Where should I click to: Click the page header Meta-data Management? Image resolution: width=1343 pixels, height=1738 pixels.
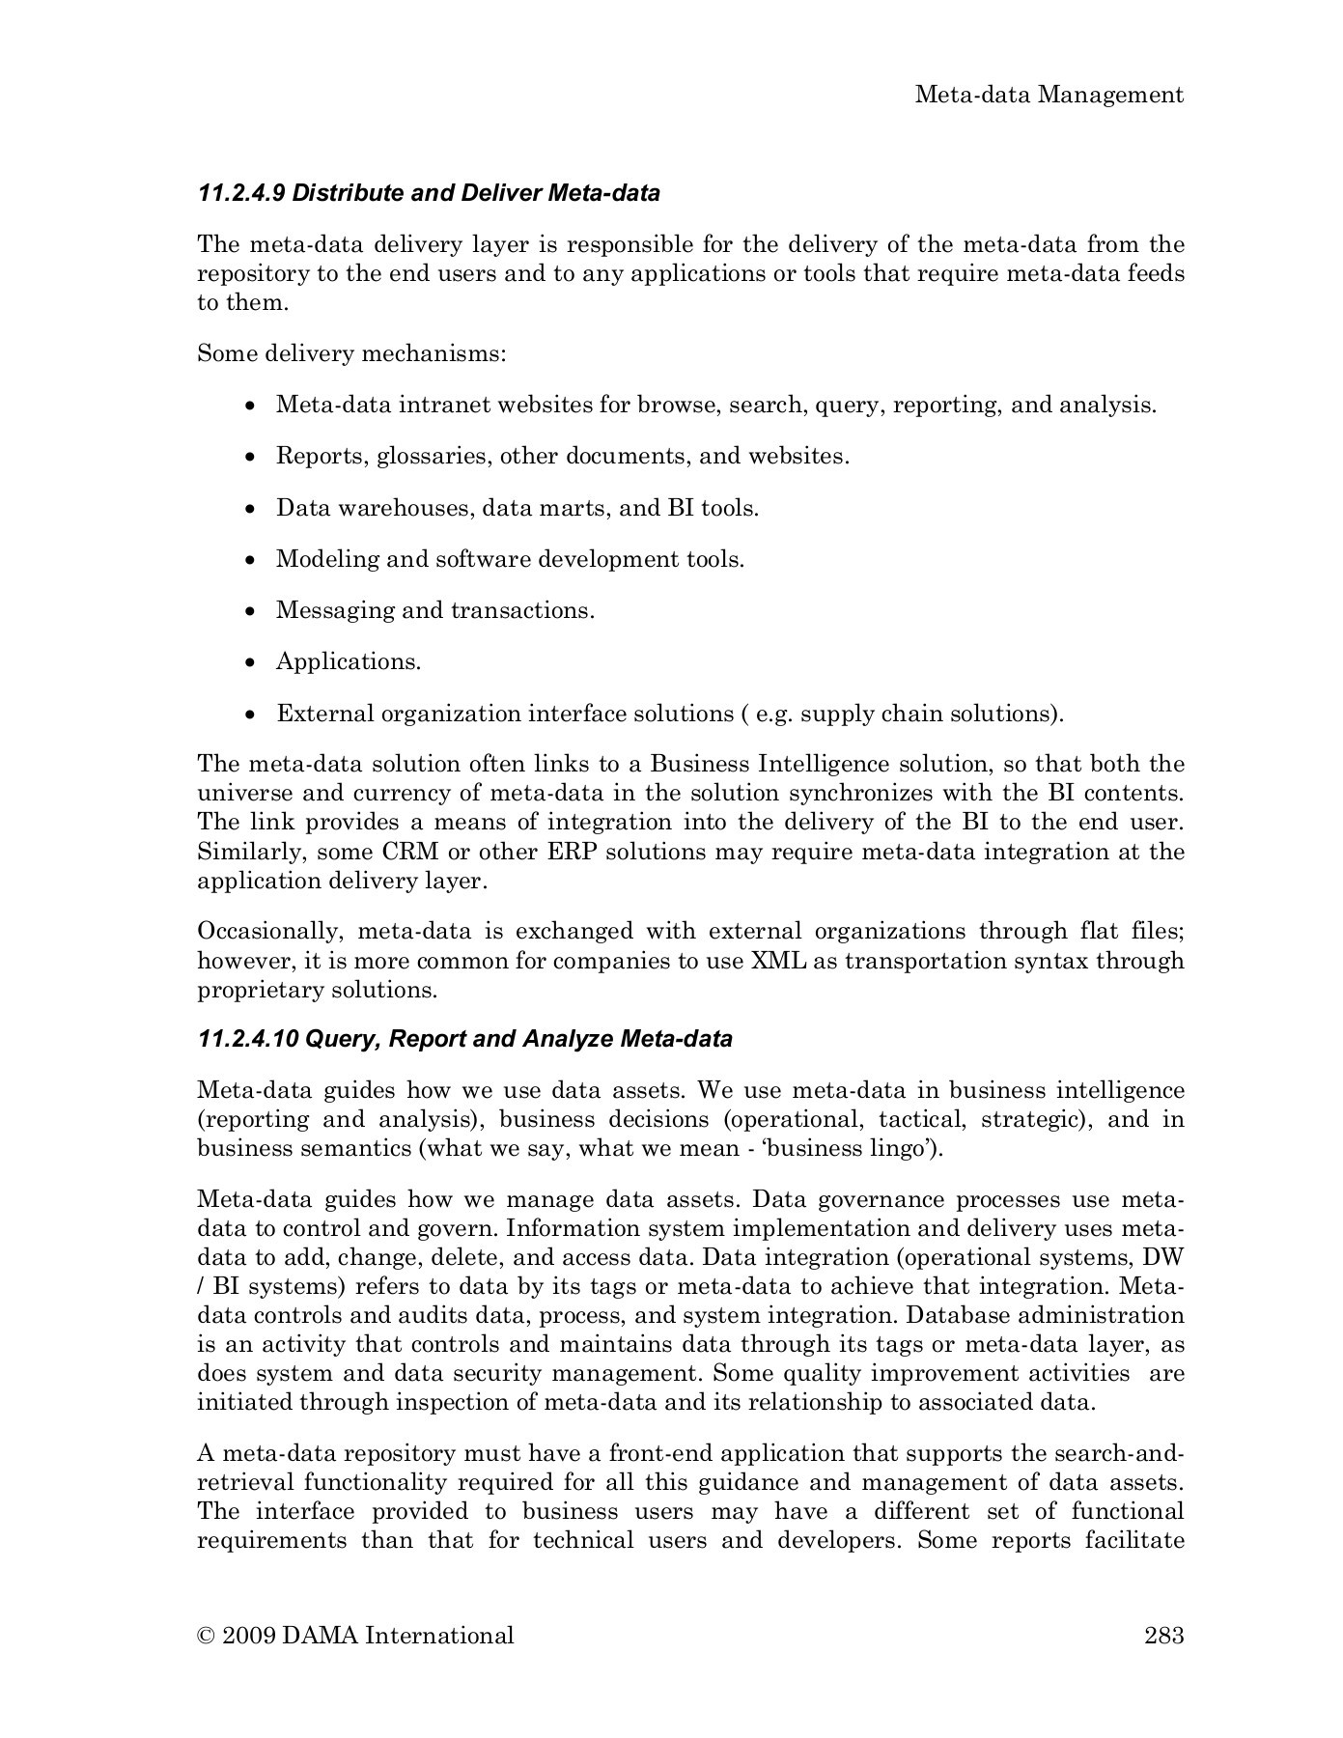pos(1049,95)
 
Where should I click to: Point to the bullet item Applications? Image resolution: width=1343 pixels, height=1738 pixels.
pos(349,662)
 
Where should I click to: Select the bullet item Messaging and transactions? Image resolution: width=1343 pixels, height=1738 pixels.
pos(434,610)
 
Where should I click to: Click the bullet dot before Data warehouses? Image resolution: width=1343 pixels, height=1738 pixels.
pos(250,509)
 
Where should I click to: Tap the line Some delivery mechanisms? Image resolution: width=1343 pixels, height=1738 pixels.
pos(351,353)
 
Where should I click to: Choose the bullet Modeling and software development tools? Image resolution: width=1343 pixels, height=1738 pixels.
pos(510,559)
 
